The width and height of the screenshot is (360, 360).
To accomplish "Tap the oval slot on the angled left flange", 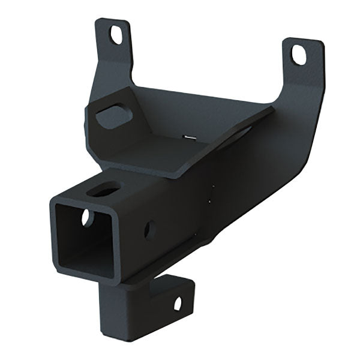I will click(110, 115).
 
